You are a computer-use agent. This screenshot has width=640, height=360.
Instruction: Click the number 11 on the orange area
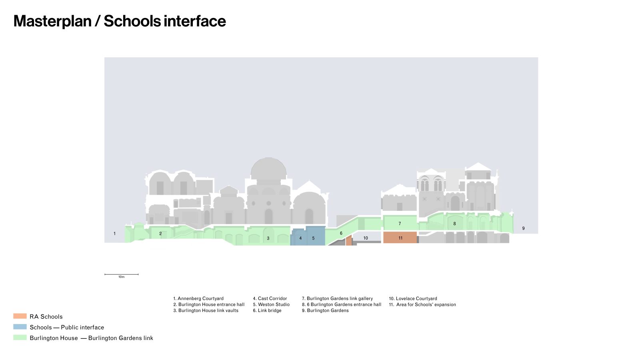[x=400, y=238]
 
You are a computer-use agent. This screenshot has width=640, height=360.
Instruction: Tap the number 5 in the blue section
[x=313, y=238]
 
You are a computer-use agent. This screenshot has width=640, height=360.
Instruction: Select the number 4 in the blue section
[x=300, y=238]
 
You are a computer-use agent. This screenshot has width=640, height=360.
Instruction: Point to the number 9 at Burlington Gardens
[x=524, y=228]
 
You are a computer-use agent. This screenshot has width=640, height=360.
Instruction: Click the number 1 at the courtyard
[x=114, y=234]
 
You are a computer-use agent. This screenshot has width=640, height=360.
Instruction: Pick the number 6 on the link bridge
[x=341, y=233]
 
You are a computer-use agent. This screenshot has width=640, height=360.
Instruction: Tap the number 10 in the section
[x=366, y=238]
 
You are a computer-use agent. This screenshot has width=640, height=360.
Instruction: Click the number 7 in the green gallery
[x=400, y=224]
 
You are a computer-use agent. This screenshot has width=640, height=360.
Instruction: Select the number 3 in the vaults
[x=268, y=238]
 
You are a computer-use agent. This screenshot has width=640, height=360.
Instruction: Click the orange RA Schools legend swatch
[x=20, y=316]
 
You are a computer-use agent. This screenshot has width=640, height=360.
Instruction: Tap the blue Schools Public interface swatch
[x=20, y=326]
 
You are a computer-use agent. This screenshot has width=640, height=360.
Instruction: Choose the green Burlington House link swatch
[x=20, y=338]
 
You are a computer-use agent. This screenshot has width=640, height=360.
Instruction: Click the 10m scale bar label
[x=122, y=277]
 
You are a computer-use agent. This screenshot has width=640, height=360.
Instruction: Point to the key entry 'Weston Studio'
[x=271, y=304]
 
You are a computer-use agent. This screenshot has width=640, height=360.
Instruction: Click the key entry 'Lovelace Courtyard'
[x=413, y=298]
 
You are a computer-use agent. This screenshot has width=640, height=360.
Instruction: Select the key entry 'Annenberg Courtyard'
[x=198, y=298]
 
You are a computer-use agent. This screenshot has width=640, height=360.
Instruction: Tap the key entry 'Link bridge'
[x=267, y=310]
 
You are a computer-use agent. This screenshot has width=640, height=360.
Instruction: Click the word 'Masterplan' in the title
[x=52, y=21]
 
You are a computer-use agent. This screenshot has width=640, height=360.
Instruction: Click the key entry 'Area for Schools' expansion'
[x=422, y=304]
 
